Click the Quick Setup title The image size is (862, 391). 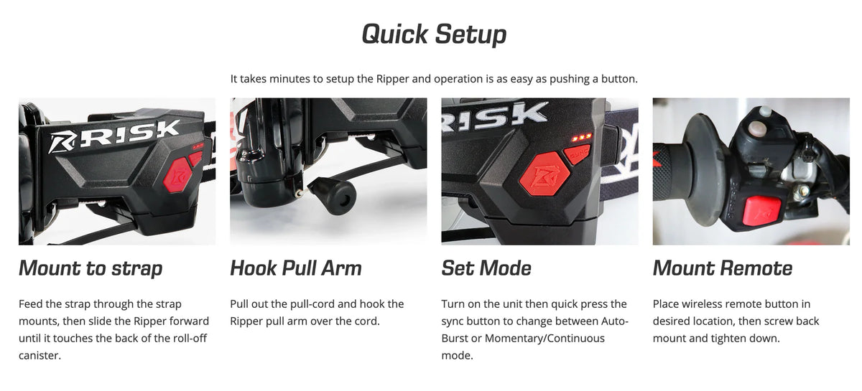[434, 34]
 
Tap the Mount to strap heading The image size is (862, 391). [91, 268]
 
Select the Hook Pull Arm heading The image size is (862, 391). [296, 268]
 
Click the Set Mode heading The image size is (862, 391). [486, 268]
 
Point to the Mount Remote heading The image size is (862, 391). [723, 268]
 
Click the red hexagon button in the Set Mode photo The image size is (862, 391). [544, 174]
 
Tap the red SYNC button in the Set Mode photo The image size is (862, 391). [578, 154]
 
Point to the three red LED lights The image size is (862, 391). [581, 138]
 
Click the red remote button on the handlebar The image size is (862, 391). [762, 211]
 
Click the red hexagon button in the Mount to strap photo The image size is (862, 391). [177, 175]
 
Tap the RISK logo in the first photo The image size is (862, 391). [114, 136]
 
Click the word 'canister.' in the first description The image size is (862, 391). [40, 355]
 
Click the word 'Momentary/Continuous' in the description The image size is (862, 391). [544, 338]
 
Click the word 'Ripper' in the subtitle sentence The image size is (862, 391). [392, 79]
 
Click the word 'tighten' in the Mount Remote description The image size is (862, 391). [729, 339]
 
